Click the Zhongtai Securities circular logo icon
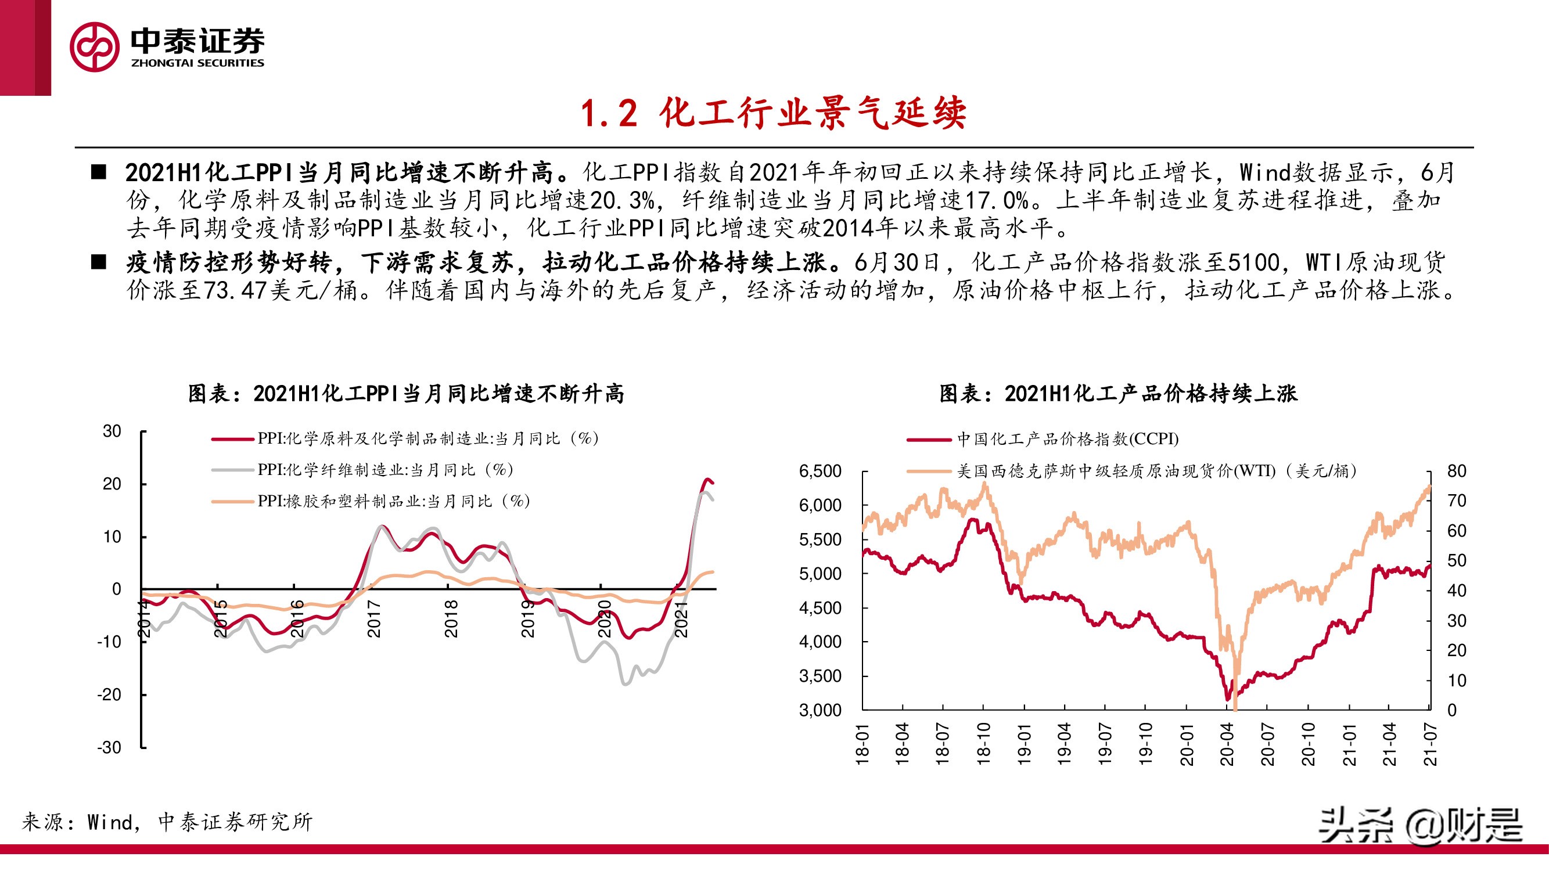(x=94, y=47)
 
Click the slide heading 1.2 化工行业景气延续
(x=773, y=113)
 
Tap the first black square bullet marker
(x=98, y=173)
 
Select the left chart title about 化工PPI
(x=407, y=394)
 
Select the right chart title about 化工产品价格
(x=1119, y=394)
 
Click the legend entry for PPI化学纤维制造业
(x=385, y=469)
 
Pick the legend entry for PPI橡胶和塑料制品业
(x=393, y=501)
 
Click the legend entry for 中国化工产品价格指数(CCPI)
(x=1068, y=439)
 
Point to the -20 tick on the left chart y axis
(x=109, y=694)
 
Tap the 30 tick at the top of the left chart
(x=112, y=431)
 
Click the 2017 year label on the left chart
(x=374, y=618)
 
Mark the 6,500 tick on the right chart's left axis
(x=820, y=471)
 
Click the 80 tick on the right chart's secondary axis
(x=1457, y=471)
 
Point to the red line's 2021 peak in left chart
(x=708, y=479)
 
